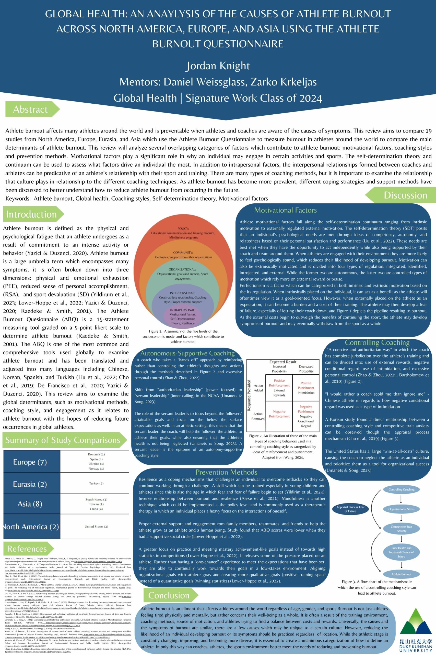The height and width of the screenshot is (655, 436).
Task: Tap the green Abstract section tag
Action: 31,110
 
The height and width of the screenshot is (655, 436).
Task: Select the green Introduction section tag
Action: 31,214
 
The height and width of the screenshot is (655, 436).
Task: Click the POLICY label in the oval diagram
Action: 183,229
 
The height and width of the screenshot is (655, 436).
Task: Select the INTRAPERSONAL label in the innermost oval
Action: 183,310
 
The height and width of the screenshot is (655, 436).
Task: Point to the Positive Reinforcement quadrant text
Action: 279,383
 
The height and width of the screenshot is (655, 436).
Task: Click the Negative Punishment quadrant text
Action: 306,409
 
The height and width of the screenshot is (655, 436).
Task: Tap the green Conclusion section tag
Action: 169,595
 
